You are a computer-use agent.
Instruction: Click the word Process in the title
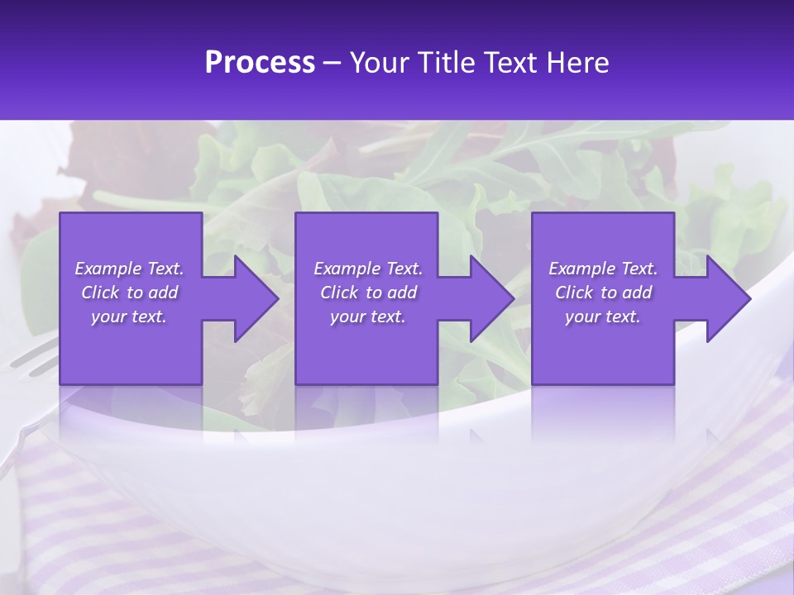pyautogui.click(x=260, y=63)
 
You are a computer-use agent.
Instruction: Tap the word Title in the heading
pyautogui.click(x=445, y=63)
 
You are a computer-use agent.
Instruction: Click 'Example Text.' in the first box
pyautogui.click(x=129, y=269)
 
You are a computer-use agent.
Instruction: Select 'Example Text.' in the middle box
pyautogui.click(x=368, y=269)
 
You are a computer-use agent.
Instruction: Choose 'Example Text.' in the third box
pyautogui.click(x=603, y=269)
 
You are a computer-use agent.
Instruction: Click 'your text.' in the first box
pyautogui.click(x=129, y=317)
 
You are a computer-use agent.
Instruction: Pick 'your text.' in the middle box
pyautogui.click(x=368, y=317)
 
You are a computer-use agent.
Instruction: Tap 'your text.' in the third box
pyautogui.click(x=603, y=317)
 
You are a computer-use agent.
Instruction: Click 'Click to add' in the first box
pyautogui.click(x=129, y=293)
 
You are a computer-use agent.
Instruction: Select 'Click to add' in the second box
pyautogui.click(x=368, y=293)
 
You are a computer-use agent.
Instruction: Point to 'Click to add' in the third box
pyautogui.click(x=603, y=293)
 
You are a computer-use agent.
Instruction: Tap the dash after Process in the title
pyautogui.click(x=332, y=64)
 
